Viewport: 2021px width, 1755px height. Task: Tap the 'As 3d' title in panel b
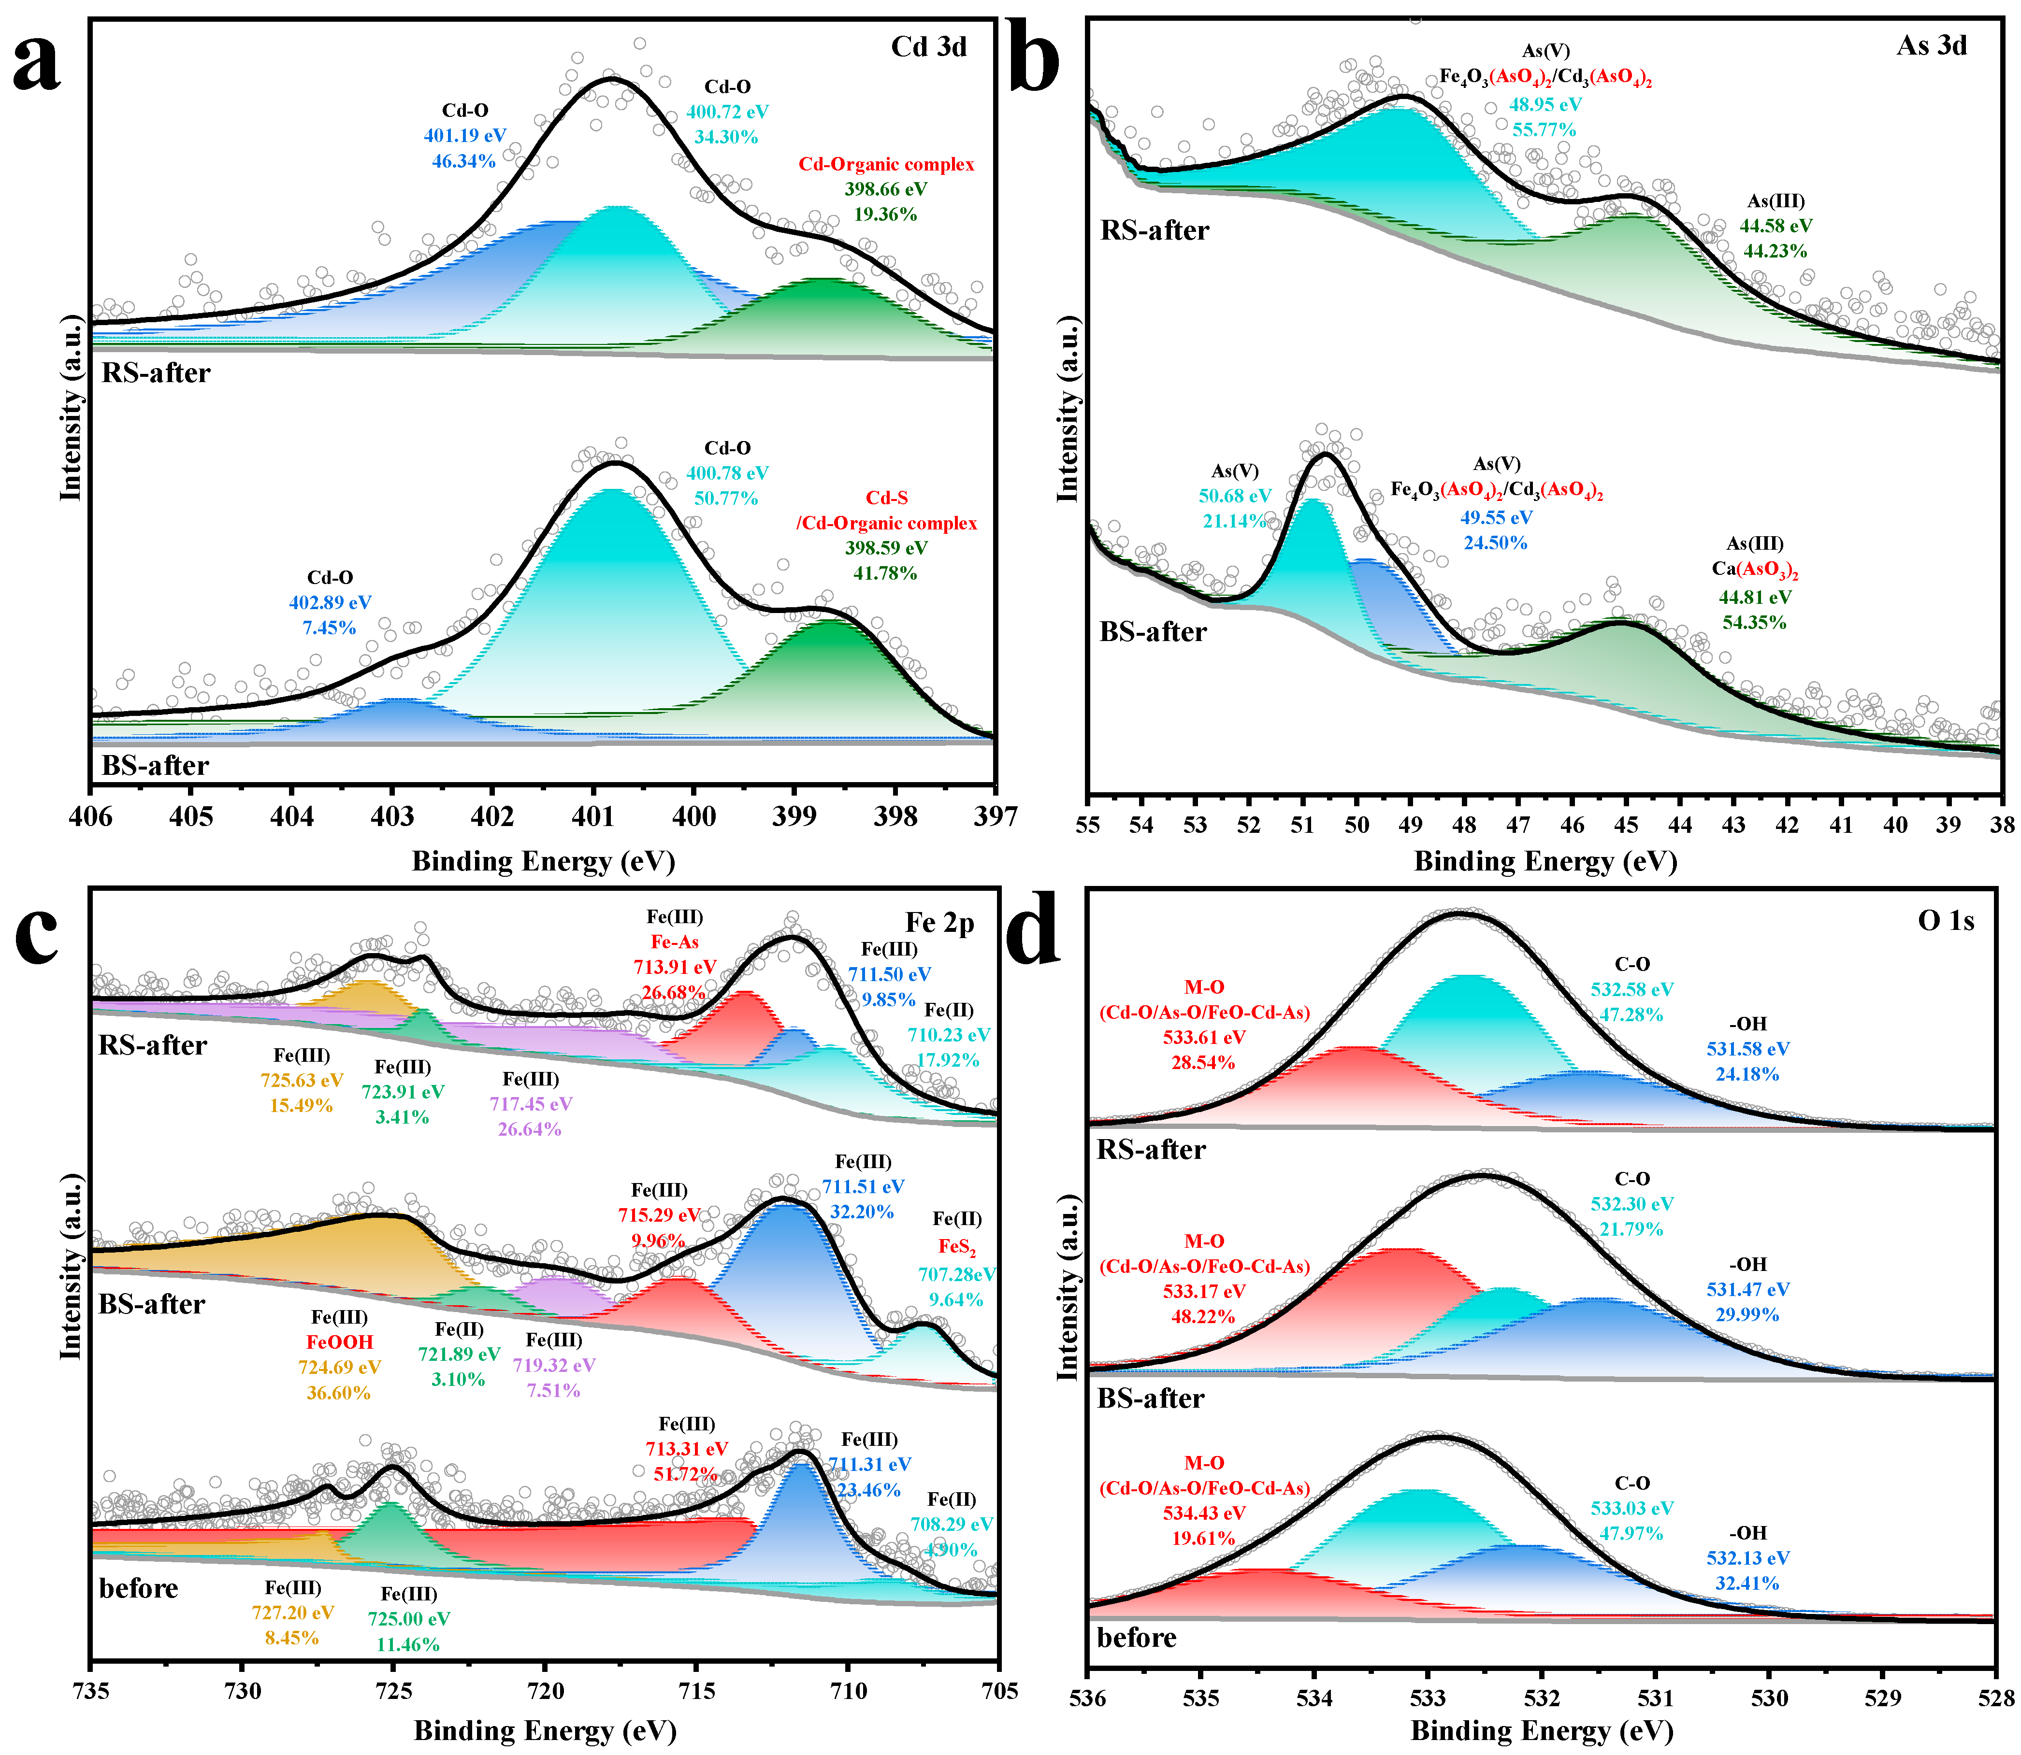click(x=1931, y=46)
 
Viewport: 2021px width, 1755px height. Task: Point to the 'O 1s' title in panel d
click(x=1946, y=921)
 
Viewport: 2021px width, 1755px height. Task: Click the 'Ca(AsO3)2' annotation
click(x=1755, y=570)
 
